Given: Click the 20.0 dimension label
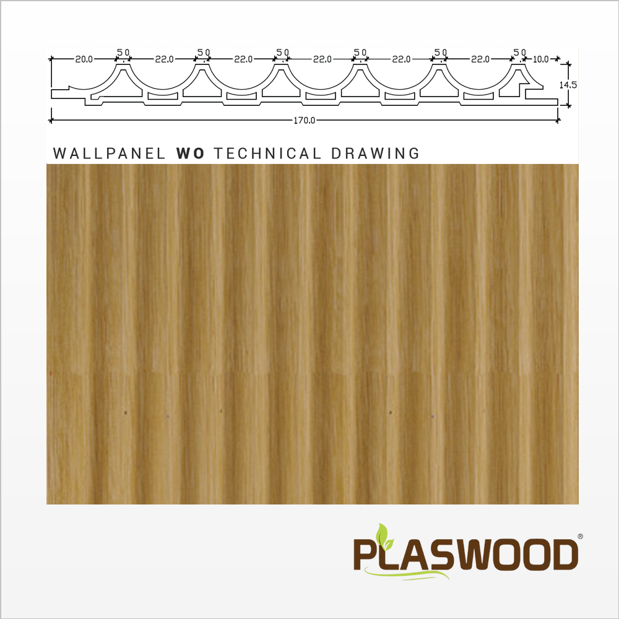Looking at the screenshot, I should tap(84, 59).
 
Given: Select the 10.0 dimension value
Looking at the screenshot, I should tap(540, 59).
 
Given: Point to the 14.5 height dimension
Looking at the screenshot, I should tap(568, 85).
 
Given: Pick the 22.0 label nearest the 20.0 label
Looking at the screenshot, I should tap(163, 59).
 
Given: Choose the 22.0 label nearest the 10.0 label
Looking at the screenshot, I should tap(480, 59).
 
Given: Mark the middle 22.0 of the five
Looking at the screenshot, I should tap(322, 59).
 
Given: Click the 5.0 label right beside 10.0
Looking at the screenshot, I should tap(520, 52).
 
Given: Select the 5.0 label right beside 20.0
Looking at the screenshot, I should tap(123, 52).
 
